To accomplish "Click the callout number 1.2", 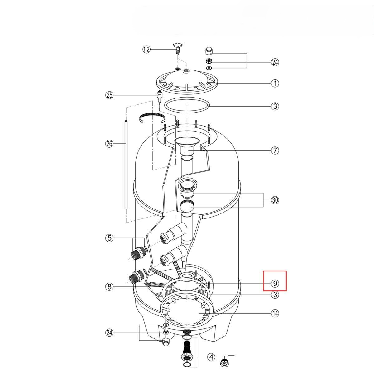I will (146, 49).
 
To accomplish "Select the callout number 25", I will (109, 95).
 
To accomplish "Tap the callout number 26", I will (109, 144).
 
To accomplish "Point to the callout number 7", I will (275, 151).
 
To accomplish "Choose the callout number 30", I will (275, 200).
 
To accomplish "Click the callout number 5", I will (109, 238).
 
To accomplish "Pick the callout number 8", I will (109, 286).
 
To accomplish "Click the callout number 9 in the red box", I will (275, 284).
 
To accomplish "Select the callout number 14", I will (275, 313).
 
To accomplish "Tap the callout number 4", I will (211, 357).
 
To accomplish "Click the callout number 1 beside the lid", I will (275, 83).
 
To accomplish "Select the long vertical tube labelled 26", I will (126, 165).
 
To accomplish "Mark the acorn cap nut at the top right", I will (209, 50).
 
